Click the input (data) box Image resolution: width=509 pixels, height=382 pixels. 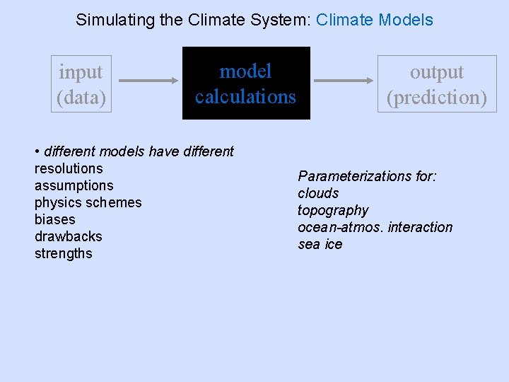click(x=81, y=84)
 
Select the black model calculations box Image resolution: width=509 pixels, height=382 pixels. click(x=246, y=83)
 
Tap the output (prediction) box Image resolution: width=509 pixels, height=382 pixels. click(x=437, y=84)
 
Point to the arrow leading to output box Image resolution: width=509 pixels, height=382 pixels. click(x=345, y=81)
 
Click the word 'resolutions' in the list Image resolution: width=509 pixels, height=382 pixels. click(x=69, y=168)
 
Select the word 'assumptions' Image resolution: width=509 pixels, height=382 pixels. click(x=74, y=185)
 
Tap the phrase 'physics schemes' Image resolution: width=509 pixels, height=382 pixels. click(x=88, y=202)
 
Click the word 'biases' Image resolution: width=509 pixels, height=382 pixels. click(x=54, y=219)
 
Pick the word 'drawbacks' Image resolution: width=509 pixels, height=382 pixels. click(x=68, y=236)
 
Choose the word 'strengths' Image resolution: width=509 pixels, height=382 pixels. click(x=63, y=253)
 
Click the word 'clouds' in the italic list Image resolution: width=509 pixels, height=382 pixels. click(x=318, y=193)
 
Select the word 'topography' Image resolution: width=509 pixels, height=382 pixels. click(x=333, y=210)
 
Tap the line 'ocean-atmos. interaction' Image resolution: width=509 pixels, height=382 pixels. click(x=375, y=227)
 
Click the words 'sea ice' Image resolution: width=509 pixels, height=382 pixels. click(x=320, y=244)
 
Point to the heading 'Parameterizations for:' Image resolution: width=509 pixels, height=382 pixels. click(x=367, y=176)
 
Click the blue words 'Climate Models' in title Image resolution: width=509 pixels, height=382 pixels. click(x=375, y=20)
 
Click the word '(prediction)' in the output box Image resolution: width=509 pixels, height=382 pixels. click(x=437, y=97)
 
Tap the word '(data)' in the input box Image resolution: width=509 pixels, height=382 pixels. click(x=81, y=97)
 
